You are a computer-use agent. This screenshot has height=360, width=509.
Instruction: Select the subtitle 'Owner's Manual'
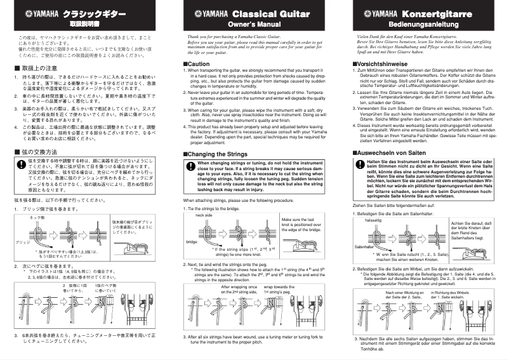point(254,24)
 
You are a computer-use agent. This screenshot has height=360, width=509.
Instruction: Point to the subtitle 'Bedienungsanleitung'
point(423,24)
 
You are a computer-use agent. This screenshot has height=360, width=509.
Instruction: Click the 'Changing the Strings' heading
point(220,154)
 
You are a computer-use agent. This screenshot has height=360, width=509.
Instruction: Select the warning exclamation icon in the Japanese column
point(20,164)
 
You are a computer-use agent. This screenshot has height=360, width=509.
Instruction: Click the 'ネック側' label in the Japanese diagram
point(37,217)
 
